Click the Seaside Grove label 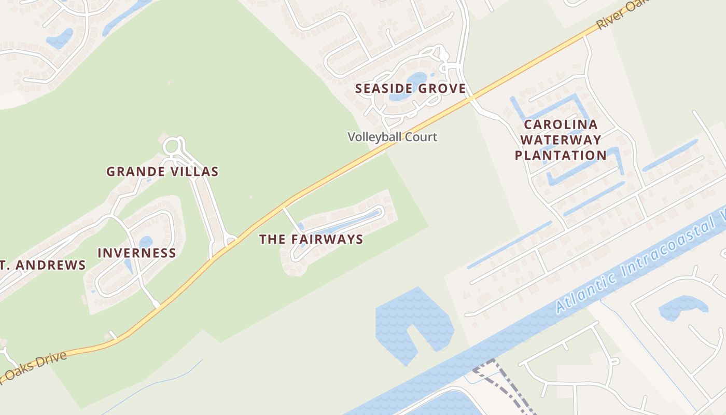coord(410,89)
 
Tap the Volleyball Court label coord(393,137)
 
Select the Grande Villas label coord(162,172)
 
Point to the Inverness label coord(137,253)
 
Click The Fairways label coord(311,239)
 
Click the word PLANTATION coord(561,155)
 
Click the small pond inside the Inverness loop coord(146,242)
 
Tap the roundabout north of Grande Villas coord(173,147)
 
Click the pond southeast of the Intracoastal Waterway coord(682,307)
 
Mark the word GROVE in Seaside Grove coord(442,89)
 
